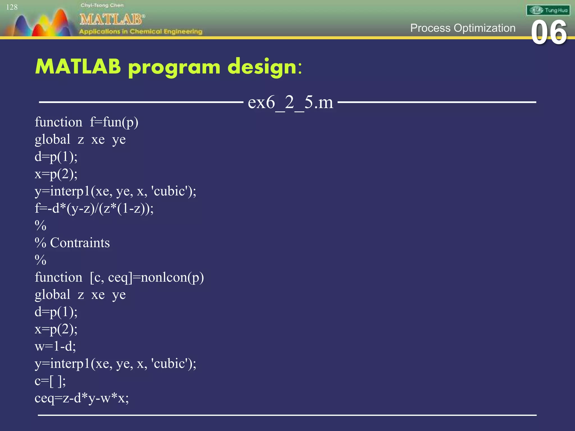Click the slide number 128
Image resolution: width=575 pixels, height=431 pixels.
(x=12, y=7)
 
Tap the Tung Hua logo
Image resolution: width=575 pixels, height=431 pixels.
(x=548, y=10)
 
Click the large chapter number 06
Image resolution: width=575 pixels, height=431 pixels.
(x=549, y=33)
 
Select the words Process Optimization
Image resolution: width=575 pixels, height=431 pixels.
(x=463, y=28)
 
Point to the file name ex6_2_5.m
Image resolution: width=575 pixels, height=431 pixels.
(x=290, y=102)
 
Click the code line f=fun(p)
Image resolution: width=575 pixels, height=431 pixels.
(x=114, y=122)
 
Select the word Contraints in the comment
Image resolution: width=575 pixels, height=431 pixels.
(x=80, y=243)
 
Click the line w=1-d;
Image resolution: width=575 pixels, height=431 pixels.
(x=55, y=346)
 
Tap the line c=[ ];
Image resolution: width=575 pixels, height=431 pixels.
(x=50, y=381)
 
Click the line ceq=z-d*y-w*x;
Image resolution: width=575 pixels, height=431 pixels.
(x=82, y=398)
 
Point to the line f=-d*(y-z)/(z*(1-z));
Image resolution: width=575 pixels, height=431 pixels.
(x=94, y=208)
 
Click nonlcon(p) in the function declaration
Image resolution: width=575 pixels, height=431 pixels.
(x=172, y=278)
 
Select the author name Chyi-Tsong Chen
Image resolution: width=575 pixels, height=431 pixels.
(x=102, y=5)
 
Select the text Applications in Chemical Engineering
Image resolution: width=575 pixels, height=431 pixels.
(x=140, y=31)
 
